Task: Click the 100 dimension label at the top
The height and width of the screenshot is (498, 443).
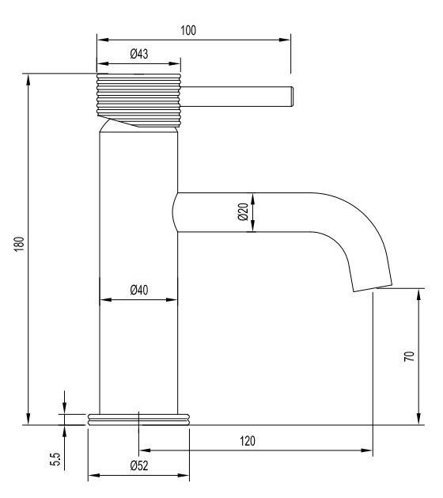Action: click(x=188, y=31)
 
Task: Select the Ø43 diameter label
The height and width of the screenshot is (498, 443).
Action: click(x=139, y=54)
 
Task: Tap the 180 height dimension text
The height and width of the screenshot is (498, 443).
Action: click(x=19, y=244)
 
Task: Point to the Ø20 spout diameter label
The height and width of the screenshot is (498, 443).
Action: click(x=243, y=212)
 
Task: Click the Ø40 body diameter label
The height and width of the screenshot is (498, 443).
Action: click(x=139, y=290)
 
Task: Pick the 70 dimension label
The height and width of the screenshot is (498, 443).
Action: click(x=409, y=356)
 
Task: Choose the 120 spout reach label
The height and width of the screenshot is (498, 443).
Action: click(x=247, y=441)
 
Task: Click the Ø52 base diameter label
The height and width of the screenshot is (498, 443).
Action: click(x=139, y=466)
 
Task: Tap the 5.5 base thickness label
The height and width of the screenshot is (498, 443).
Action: click(x=55, y=459)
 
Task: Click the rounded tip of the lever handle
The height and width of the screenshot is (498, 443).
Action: click(x=292, y=97)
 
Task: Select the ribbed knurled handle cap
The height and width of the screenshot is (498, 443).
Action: click(x=138, y=99)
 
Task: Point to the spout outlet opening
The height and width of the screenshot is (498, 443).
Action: click(x=373, y=287)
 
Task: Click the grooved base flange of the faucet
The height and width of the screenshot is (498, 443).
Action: click(x=138, y=420)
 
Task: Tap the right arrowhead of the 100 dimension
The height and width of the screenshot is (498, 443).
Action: click(x=285, y=40)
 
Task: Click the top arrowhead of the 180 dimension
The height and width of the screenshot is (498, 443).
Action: click(x=28, y=80)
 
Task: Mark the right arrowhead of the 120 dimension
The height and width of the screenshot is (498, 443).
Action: click(x=367, y=450)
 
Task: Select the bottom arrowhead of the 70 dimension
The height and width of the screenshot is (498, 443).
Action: click(x=418, y=419)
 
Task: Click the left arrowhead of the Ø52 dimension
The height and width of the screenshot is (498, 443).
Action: click(x=94, y=476)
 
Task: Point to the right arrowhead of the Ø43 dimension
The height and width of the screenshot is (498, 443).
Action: click(x=175, y=63)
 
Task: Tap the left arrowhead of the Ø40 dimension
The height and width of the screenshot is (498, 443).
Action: click(x=106, y=299)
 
